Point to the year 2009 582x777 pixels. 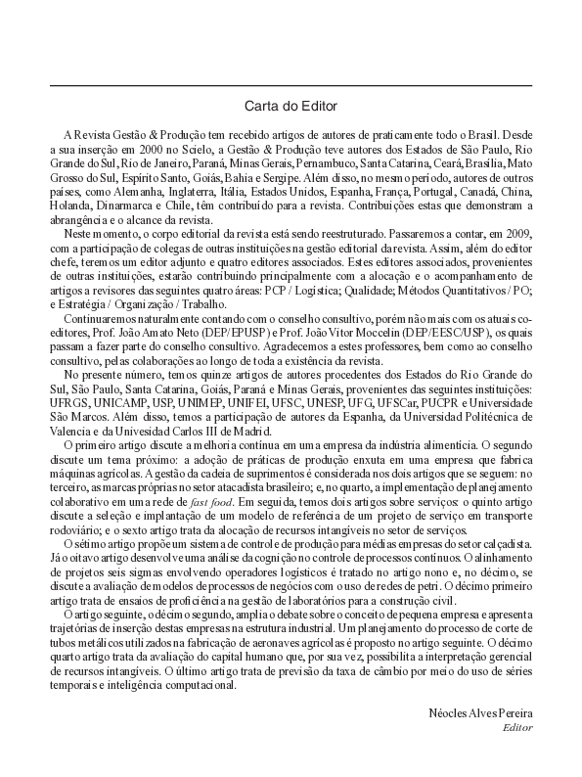pyautogui.click(x=513, y=236)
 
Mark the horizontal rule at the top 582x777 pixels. pyautogui.click(x=291, y=86)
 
